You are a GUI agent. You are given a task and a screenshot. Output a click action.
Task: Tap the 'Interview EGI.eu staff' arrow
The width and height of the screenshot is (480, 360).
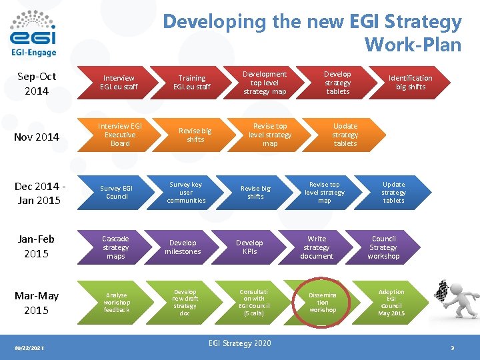coord(117,83)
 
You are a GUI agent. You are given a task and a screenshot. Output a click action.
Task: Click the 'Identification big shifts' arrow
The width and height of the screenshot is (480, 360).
coord(410,83)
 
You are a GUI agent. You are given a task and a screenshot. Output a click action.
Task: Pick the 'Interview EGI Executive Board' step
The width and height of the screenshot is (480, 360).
coord(120,135)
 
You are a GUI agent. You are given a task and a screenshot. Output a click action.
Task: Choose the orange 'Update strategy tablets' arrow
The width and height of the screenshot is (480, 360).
coord(345,135)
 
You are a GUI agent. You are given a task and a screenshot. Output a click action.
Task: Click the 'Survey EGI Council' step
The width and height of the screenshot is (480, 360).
coord(117,193)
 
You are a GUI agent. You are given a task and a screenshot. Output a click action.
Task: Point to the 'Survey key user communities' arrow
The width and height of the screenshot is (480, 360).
coord(186,193)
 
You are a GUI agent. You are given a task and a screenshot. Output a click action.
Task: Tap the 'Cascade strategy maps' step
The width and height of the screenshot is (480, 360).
coord(116,247)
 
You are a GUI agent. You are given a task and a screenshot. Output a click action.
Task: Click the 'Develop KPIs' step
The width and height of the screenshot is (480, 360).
coord(249,247)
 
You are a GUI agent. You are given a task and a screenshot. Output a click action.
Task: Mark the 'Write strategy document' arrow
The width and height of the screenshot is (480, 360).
coord(317,247)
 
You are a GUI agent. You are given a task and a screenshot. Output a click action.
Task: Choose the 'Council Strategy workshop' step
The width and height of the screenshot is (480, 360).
coord(383,247)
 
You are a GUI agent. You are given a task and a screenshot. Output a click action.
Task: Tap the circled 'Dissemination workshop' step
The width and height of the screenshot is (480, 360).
coord(323,303)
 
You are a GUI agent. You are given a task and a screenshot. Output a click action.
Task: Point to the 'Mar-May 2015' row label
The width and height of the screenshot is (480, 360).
coord(36,303)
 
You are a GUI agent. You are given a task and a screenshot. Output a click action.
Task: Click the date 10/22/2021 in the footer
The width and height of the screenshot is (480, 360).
coord(29,348)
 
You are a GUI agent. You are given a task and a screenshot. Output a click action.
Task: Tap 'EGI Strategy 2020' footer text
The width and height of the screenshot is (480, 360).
coord(240,343)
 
